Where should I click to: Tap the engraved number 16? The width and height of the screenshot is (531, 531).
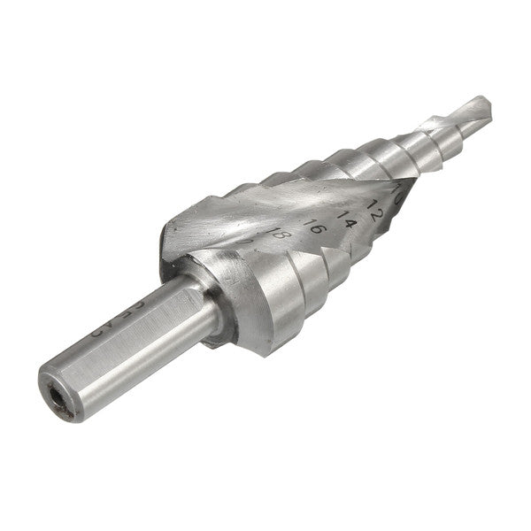point(312,227)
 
